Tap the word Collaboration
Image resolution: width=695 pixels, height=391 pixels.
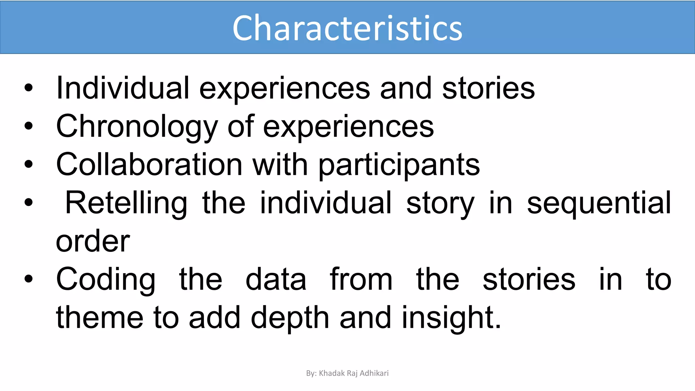(149, 164)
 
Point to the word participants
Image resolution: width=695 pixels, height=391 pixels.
(399, 165)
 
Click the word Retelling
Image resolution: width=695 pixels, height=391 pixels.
(126, 203)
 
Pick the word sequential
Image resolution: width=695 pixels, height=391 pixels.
(599, 203)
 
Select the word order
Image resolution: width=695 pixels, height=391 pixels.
(93, 241)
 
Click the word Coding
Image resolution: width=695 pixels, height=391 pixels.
(106, 279)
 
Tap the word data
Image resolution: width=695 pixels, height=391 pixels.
(276, 279)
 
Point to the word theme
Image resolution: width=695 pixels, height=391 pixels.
(99, 317)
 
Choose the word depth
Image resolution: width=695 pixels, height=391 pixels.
(290, 317)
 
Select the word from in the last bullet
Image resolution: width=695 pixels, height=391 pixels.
(361, 279)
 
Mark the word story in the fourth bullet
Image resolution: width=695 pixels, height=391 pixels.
(440, 203)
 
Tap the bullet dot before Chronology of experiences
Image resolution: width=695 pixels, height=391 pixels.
(29, 126)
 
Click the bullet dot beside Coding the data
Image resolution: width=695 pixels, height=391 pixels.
(29, 279)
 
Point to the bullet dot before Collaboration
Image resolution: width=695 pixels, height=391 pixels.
(29, 164)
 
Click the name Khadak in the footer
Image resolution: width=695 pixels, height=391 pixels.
(332, 373)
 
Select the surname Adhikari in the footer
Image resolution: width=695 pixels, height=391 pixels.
(374, 373)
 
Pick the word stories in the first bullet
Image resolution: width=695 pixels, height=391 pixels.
(488, 88)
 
